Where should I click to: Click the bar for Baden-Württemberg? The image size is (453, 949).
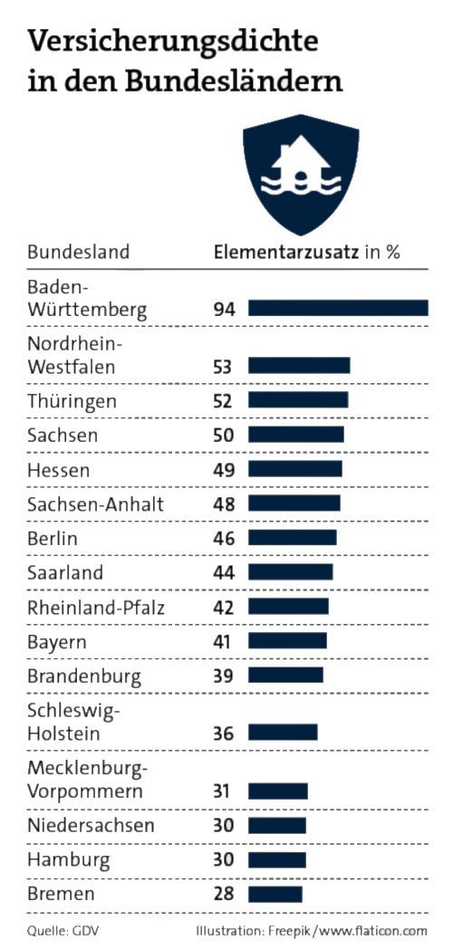click(338, 309)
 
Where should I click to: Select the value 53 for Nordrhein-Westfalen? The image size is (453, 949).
click(224, 367)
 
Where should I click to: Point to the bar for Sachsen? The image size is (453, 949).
click(295, 436)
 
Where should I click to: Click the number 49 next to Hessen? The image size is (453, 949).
click(224, 470)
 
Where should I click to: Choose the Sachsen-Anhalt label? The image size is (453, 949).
click(96, 504)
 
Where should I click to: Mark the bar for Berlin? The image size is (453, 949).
click(292, 539)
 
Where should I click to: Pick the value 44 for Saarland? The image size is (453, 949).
click(224, 573)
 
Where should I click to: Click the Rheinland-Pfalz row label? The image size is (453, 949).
click(96, 608)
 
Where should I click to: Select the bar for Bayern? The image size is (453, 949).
click(287, 642)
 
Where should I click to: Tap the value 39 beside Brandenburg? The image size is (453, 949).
click(224, 676)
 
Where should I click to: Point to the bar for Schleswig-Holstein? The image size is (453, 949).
click(283, 733)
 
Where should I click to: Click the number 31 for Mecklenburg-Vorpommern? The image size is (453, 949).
click(224, 791)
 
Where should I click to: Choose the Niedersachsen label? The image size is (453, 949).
click(91, 826)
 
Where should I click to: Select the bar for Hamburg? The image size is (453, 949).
click(276, 860)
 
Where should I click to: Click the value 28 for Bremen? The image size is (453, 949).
click(224, 895)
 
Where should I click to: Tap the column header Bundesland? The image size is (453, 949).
click(78, 252)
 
